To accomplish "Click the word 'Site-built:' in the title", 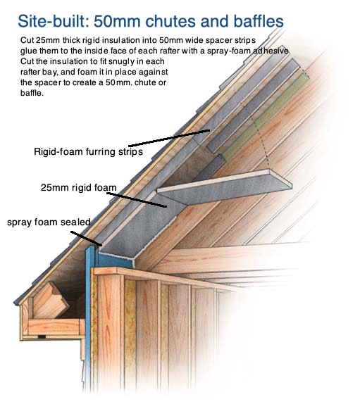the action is (53, 21).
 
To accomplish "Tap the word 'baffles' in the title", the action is (259, 21).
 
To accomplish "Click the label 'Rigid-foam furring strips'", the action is (88, 152).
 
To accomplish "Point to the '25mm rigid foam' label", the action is (79, 187).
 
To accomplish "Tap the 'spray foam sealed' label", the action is (49, 222).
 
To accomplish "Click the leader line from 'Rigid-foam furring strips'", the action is (169, 138).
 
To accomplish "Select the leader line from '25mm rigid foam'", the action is (137, 200).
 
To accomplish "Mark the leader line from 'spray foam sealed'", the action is (86, 239).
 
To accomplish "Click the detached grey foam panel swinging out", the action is (225, 187).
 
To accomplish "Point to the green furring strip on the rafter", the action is (265, 118).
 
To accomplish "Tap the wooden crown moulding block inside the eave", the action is (51, 301).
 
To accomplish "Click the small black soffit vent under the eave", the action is (42, 337).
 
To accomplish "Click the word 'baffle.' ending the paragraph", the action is (32, 93).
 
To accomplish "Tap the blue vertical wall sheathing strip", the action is (88, 318).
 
